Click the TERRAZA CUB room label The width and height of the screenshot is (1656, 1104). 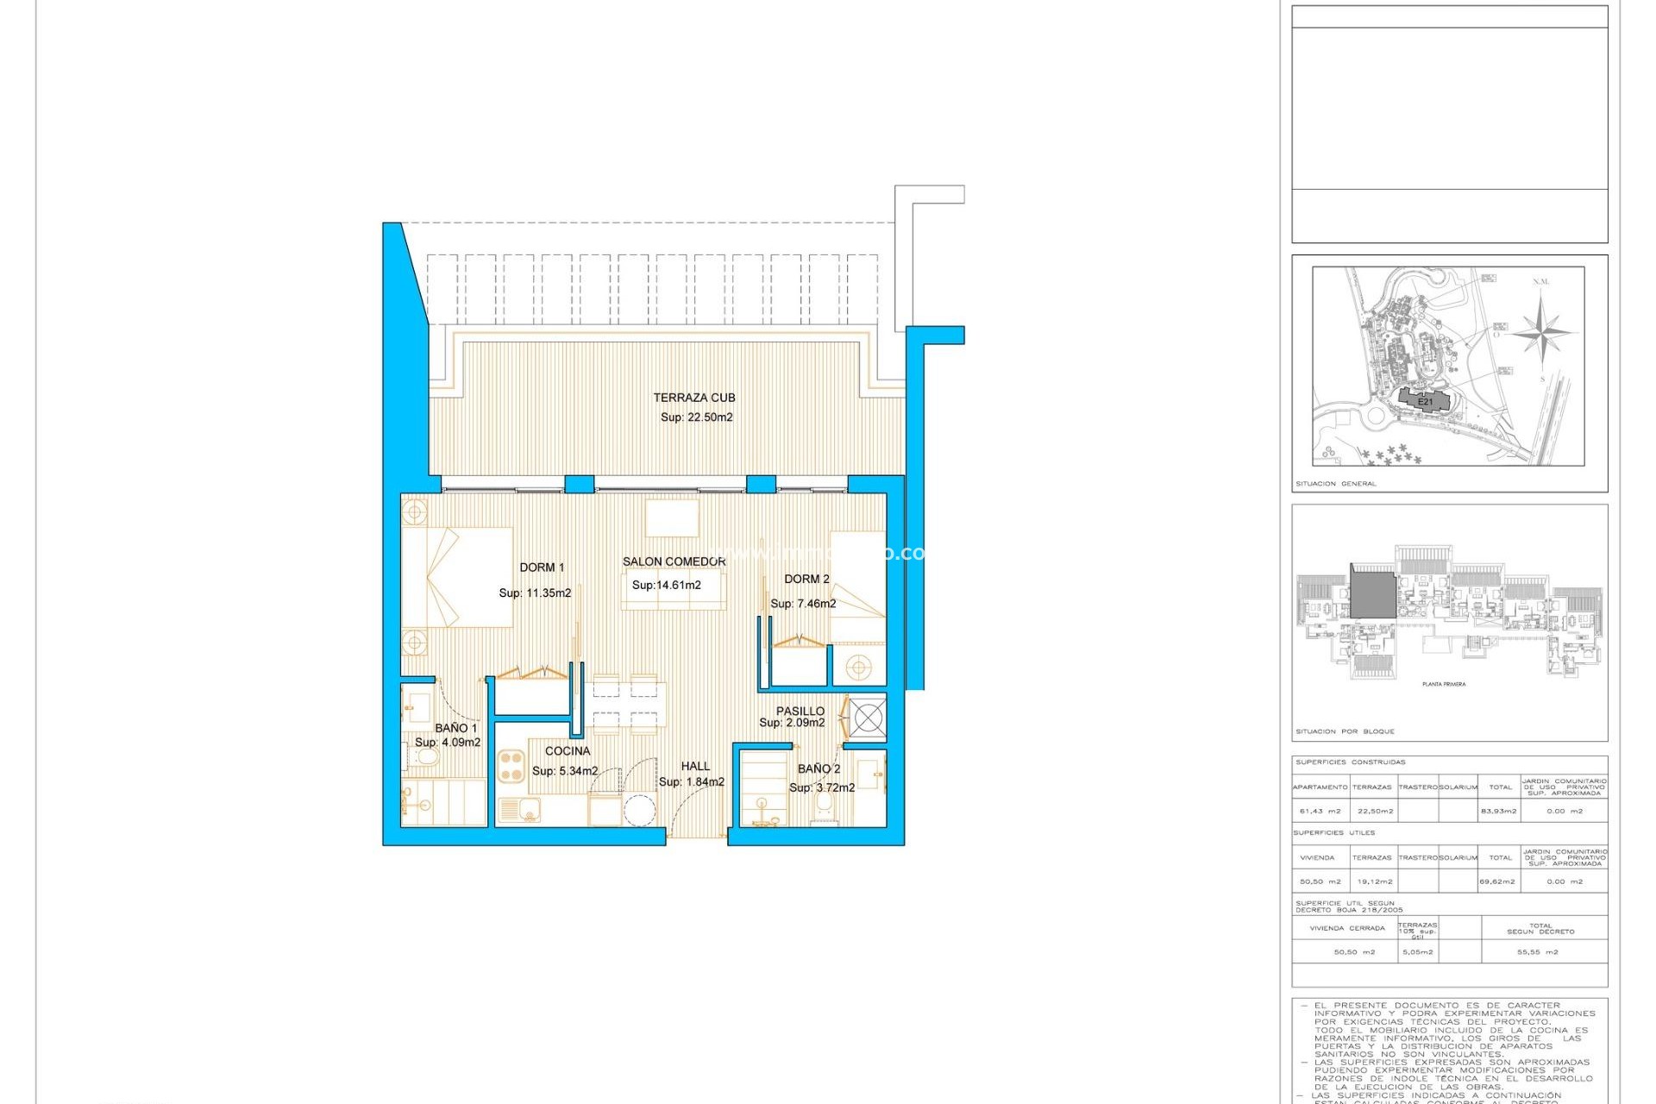pos(693,398)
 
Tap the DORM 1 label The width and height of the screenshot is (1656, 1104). pos(542,568)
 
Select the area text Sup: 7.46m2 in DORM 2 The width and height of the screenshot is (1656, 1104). pos(803,604)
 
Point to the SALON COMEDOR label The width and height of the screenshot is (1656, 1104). pos(674,561)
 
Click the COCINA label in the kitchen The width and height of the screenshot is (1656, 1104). pos(568,751)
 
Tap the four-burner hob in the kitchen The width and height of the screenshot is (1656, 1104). pos(511,767)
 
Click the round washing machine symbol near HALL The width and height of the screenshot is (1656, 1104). pos(640,811)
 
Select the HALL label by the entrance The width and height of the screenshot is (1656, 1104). pos(695,766)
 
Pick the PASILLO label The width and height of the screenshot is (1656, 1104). pos(800,712)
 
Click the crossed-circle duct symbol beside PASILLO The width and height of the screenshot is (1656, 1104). pos(868,717)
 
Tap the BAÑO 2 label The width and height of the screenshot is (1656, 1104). pos(819,768)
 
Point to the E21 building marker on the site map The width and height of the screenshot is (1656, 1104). pos(1425,402)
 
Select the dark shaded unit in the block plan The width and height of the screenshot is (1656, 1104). pos(1372,593)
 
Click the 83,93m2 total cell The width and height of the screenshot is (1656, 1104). pos(1500,811)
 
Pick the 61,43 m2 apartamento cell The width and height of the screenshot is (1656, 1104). pos(1320,811)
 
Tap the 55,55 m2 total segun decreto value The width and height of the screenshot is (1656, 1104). pos(1537,952)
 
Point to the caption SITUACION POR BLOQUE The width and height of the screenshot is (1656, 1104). pos(1345,731)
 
